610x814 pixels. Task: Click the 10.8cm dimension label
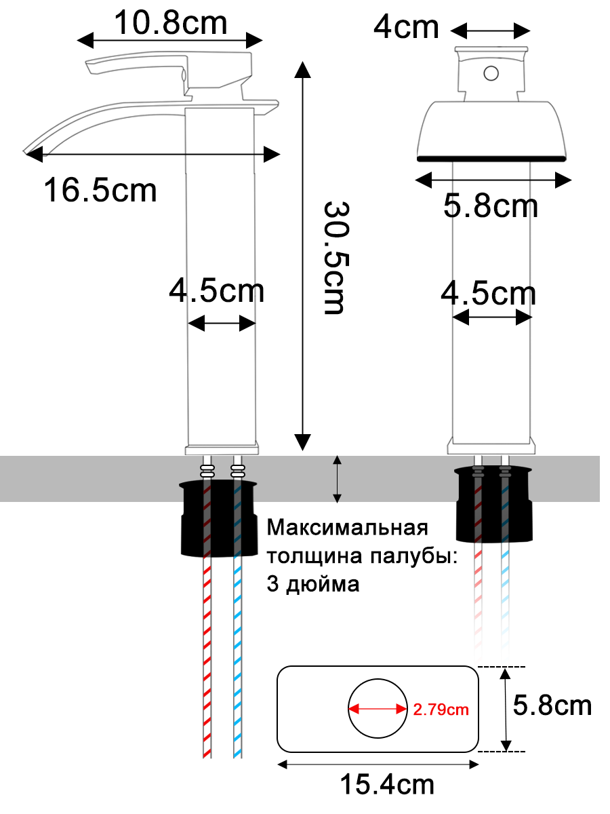coord(170,24)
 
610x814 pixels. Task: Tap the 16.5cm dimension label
coord(100,189)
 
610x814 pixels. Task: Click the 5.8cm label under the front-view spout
coord(491,206)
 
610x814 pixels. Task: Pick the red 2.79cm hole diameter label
coord(441,710)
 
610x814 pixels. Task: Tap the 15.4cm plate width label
coord(387,785)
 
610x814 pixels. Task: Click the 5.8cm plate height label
coord(552,706)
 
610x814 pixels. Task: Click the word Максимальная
coord(348,528)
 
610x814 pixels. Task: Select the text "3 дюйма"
coord(313,585)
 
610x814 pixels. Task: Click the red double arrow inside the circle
coord(377,710)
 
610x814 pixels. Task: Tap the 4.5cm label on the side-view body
coord(216,292)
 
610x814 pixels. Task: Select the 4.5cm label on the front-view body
coord(488,294)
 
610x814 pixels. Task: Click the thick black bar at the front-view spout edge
coord(491,158)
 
